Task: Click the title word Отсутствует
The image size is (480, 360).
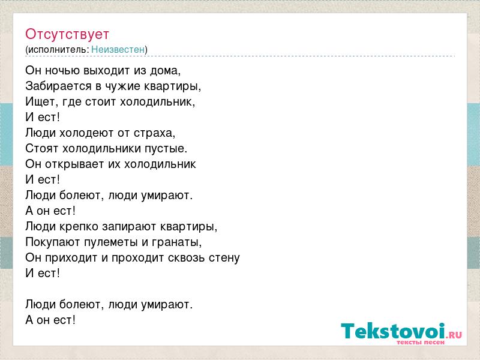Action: tap(67, 34)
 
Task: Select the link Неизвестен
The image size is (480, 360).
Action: tap(118, 49)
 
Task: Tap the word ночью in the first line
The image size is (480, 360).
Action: tap(62, 70)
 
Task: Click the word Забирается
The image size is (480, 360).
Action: tap(58, 86)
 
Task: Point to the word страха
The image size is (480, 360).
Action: tap(153, 133)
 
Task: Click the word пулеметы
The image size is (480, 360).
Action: tap(111, 242)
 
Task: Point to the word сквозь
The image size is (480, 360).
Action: tap(187, 258)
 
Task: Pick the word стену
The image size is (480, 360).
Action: tap(224, 258)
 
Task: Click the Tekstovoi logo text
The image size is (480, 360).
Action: tap(393, 331)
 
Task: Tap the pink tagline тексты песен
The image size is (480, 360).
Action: tap(421, 342)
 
